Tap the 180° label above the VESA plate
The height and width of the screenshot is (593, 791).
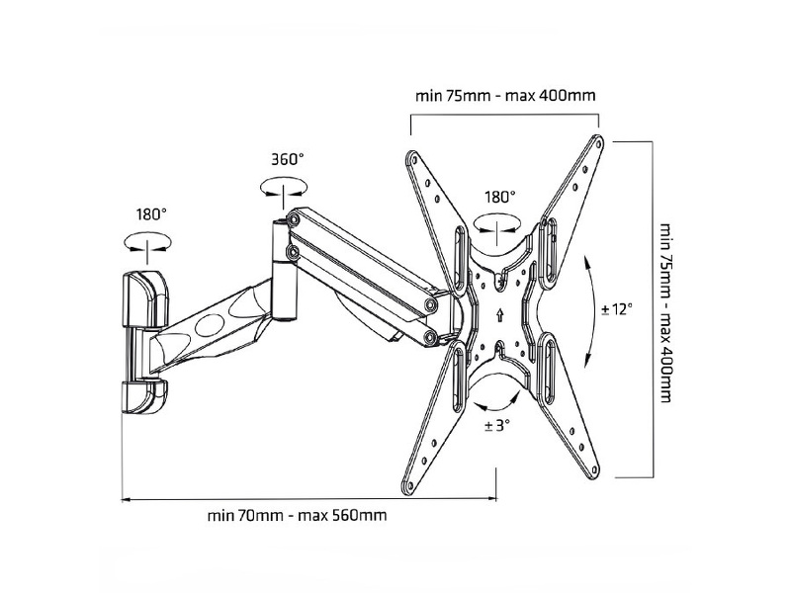(x=499, y=197)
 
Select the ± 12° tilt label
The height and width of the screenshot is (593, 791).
(x=615, y=308)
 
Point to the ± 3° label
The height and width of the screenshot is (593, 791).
(x=497, y=426)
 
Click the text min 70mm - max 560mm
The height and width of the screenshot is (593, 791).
(x=297, y=515)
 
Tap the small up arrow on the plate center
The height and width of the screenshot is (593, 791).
(x=500, y=316)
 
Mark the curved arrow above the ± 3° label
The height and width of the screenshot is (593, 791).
(x=498, y=399)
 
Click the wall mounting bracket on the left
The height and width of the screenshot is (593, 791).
(x=143, y=335)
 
